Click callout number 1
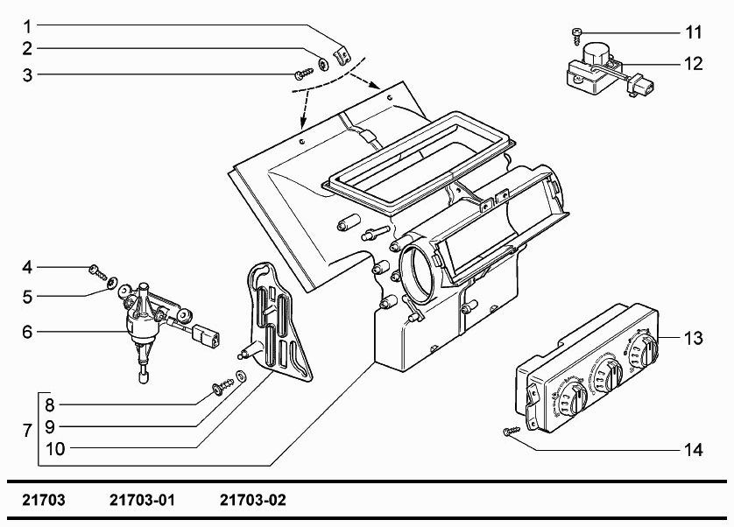[x=28, y=26]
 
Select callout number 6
[x=28, y=332]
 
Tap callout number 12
[x=694, y=63]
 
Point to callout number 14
[x=694, y=450]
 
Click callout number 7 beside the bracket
[x=27, y=431]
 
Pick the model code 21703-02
[x=253, y=501]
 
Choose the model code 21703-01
[x=142, y=501]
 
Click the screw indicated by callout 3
[x=304, y=74]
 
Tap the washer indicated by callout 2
[x=323, y=64]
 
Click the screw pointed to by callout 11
[x=576, y=36]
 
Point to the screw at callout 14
[x=512, y=431]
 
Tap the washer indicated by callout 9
[x=241, y=375]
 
